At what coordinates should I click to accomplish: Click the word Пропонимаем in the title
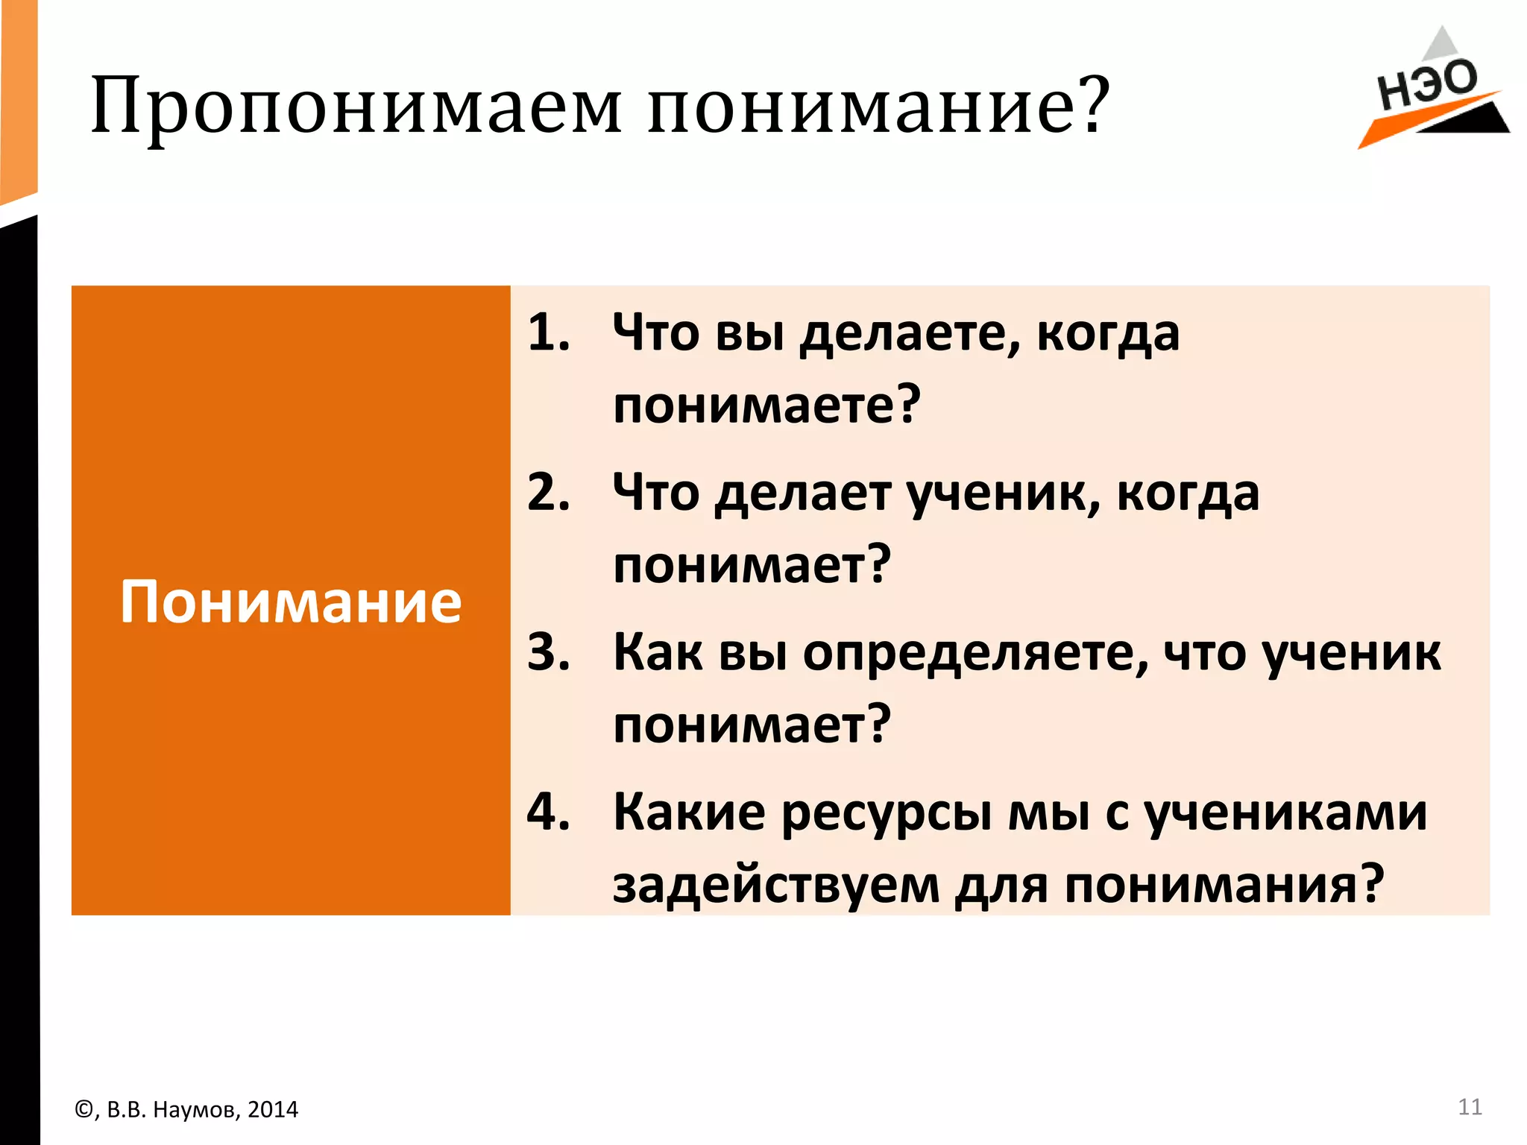tap(356, 106)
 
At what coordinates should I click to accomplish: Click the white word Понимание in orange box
tap(291, 602)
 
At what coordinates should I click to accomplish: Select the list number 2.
tap(548, 493)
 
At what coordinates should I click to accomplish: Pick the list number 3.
tap(548, 652)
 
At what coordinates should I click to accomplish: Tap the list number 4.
tap(548, 812)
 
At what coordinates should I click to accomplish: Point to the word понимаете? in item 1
tap(767, 405)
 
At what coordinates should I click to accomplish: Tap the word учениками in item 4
tap(1285, 813)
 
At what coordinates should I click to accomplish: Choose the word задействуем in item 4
tap(776, 886)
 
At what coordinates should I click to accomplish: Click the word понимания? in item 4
tap(1224, 886)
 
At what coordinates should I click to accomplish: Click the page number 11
tap(1470, 1107)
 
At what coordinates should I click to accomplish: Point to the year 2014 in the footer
tap(272, 1110)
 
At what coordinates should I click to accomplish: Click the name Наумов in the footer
tap(195, 1110)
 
